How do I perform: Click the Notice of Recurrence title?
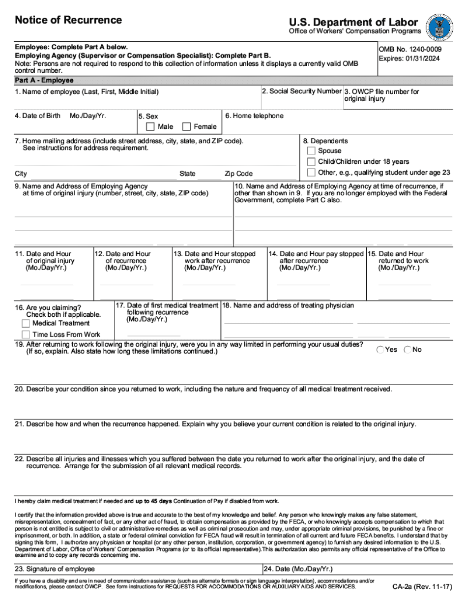click(x=68, y=20)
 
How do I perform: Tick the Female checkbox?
click(x=186, y=127)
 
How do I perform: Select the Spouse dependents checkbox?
click(x=311, y=151)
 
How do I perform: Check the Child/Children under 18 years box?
click(x=311, y=162)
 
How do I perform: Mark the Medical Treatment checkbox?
click(x=26, y=324)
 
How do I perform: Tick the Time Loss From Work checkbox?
click(x=26, y=334)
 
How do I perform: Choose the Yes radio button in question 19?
click(x=380, y=350)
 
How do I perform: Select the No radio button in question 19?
click(x=408, y=350)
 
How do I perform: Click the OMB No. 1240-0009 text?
click(x=410, y=49)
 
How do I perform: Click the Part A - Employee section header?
click(x=44, y=80)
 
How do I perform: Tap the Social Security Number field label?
click(x=301, y=91)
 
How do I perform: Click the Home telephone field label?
click(x=254, y=116)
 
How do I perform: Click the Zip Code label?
click(x=238, y=174)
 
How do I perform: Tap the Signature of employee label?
click(x=55, y=569)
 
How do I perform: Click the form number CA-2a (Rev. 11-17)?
click(x=421, y=587)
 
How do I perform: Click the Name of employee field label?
click(x=87, y=92)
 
